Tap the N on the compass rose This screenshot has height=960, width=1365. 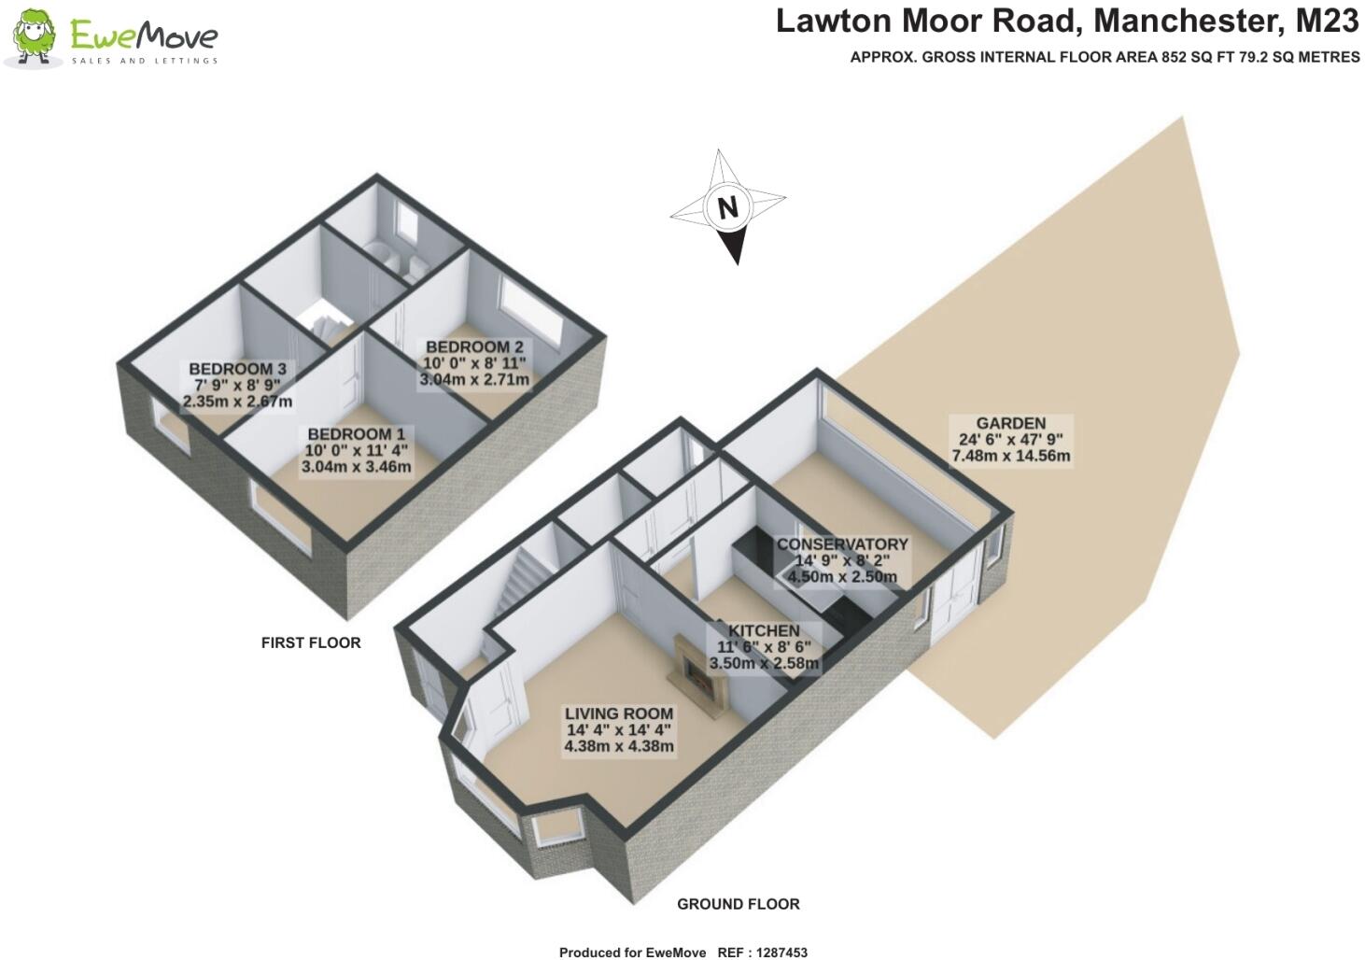727,206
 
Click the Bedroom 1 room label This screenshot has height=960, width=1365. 356,434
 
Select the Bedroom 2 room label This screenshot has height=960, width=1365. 474,347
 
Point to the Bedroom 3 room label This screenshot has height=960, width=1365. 237,369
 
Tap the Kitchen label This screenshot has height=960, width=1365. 764,631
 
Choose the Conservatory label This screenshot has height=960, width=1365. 842,544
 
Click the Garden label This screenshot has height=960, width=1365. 1010,423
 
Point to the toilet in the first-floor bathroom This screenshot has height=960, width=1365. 413,268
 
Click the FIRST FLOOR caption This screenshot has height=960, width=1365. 311,642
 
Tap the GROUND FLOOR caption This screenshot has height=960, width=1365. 738,904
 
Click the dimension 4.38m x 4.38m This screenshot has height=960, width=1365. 618,746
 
